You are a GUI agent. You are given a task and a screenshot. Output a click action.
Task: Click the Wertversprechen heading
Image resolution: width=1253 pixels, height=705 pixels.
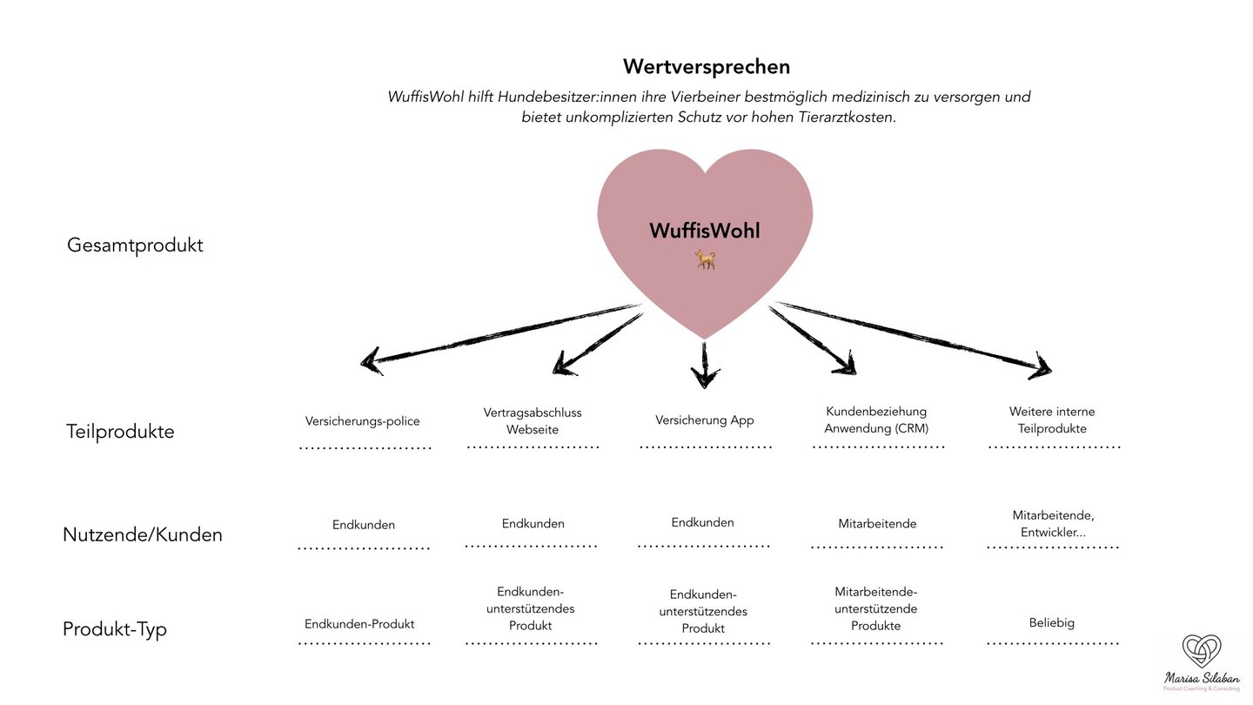[x=706, y=67]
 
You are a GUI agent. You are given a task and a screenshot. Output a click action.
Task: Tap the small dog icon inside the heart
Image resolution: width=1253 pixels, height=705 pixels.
[x=705, y=258]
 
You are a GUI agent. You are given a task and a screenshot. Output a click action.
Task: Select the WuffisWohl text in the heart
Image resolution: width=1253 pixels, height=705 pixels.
[x=705, y=231]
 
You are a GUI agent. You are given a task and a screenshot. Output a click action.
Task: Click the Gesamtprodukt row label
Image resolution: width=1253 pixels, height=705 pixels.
[x=135, y=245]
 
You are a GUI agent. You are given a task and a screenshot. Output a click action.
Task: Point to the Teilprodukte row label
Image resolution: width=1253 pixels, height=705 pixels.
[x=120, y=432]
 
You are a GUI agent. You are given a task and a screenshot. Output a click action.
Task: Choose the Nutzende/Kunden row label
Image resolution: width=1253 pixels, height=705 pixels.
[x=143, y=534]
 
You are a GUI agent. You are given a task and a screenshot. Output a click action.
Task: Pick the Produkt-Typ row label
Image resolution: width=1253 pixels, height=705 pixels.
[x=115, y=629]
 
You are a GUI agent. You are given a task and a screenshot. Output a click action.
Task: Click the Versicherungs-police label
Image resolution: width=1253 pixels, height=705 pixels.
[x=362, y=421]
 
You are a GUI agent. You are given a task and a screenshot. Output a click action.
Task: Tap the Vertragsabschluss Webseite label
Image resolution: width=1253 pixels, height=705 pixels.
[x=533, y=421]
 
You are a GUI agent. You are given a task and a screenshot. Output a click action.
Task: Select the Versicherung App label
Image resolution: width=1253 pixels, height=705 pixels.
[x=705, y=420]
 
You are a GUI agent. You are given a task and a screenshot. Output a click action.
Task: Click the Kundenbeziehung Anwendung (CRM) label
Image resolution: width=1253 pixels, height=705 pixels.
[x=876, y=420]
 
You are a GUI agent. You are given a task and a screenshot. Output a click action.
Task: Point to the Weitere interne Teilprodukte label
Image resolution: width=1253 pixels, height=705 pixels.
[x=1052, y=420]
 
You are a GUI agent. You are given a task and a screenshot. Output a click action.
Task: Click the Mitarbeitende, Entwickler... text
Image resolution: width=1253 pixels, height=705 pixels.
[x=1053, y=524]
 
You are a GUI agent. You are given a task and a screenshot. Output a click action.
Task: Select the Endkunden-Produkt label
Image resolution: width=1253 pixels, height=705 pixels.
[x=359, y=624]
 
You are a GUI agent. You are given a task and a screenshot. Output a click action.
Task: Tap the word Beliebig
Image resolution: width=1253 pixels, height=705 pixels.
[x=1052, y=623]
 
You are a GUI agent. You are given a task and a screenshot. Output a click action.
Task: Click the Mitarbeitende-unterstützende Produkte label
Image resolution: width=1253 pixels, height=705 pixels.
[x=876, y=609]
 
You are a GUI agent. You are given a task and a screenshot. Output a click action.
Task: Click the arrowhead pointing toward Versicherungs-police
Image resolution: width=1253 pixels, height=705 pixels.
[x=372, y=360]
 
